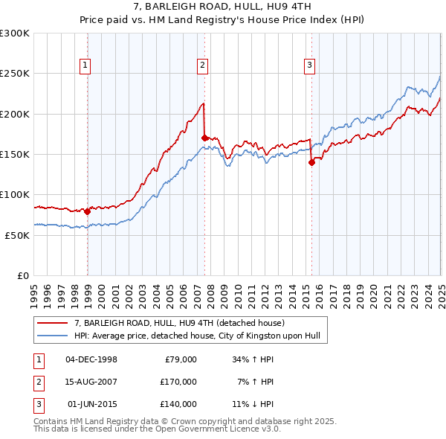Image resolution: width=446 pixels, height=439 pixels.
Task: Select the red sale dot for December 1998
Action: click(x=88, y=211)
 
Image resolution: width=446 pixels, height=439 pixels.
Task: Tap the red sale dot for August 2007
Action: click(x=205, y=138)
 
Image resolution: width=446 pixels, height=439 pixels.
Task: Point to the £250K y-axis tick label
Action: click(x=15, y=74)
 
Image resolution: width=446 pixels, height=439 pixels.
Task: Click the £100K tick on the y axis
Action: click(x=15, y=194)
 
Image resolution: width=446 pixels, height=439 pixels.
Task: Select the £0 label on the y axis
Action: click(x=23, y=275)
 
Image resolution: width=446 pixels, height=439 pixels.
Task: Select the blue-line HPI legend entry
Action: click(x=196, y=336)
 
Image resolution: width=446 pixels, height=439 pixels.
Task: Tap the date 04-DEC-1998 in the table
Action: click(x=91, y=359)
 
